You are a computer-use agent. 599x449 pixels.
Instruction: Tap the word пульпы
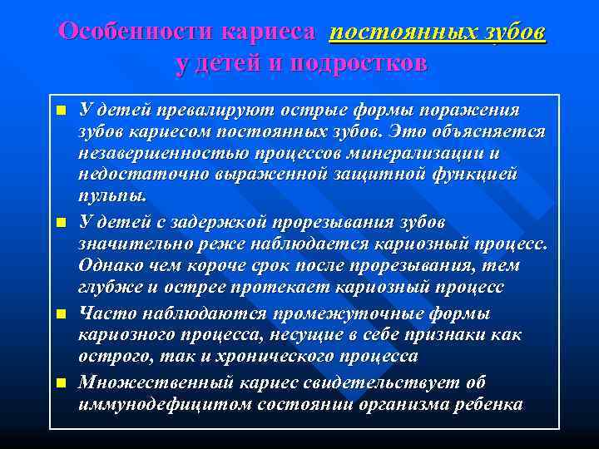pos(111,197)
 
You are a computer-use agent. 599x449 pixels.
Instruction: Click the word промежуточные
pos(344,313)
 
